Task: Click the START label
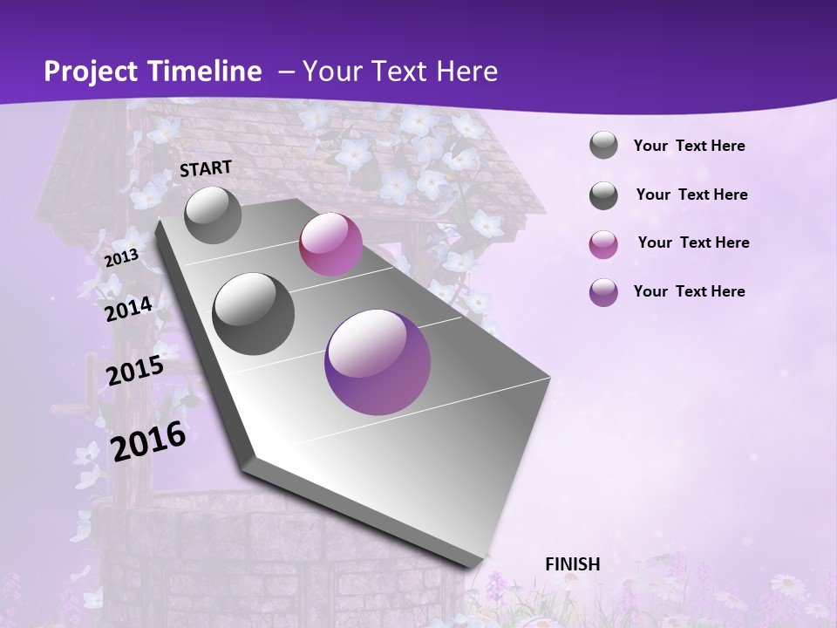pyautogui.click(x=206, y=168)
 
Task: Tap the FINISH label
pyautogui.click(x=573, y=564)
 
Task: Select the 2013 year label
pyautogui.click(x=121, y=257)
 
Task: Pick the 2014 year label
pyautogui.click(x=129, y=309)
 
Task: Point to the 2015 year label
pyautogui.click(x=135, y=371)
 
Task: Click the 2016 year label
pyautogui.click(x=148, y=441)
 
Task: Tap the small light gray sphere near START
pyautogui.click(x=214, y=215)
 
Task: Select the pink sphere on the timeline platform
pyautogui.click(x=330, y=244)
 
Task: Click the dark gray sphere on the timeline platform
pyautogui.click(x=254, y=314)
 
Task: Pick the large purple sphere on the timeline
pyautogui.click(x=378, y=362)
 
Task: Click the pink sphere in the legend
pyautogui.click(x=603, y=244)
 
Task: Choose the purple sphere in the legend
pyautogui.click(x=603, y=292)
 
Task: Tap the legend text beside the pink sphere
pyautogui.click(x=693, y=242)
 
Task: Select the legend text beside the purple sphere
pyautogui.click(x=689, y=291)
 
